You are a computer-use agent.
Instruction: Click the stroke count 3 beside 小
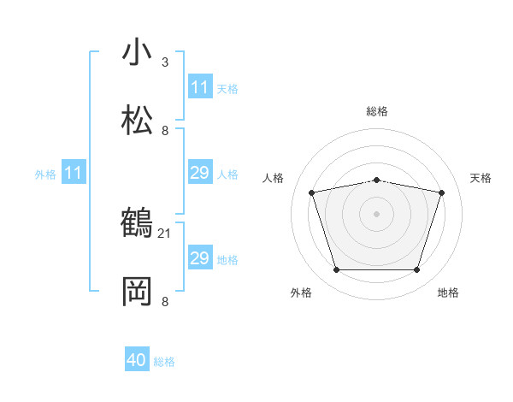(x=165, y=62)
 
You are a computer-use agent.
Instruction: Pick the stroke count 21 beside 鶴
(x=165, y=233)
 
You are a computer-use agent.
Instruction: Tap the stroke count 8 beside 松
(x=165, y=130)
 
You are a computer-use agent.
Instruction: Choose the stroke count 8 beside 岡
(x=165, y=301)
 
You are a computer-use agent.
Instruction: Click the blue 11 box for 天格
(x=199, y=87)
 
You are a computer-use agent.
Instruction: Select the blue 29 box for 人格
(x=199, y=173)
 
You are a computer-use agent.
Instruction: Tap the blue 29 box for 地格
(x=199, y=258)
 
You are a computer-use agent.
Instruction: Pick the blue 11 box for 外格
(x=74, y=174)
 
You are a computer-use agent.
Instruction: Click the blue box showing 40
(x=137, y=361)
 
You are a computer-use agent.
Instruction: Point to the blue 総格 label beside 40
(x=164, y=362)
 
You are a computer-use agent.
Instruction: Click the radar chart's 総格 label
(x=377, y=111)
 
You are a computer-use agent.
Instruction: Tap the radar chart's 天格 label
(x=481, y=178)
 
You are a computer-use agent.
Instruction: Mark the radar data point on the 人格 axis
(x=312, y=192)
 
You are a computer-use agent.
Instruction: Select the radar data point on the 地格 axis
(x=416, y=270)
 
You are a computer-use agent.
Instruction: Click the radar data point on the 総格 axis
(x=377, y=180)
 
